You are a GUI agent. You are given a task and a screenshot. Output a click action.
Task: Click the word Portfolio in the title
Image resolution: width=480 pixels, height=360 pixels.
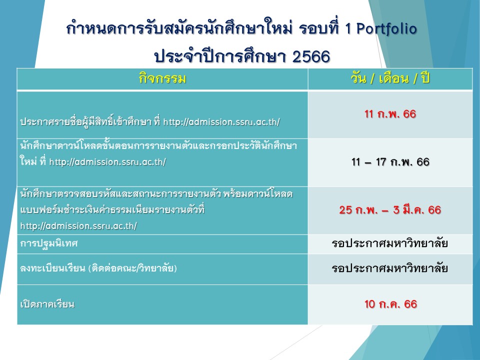coord(386,29)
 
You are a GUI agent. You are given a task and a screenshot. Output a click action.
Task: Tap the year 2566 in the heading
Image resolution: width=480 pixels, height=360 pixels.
coord(311,56)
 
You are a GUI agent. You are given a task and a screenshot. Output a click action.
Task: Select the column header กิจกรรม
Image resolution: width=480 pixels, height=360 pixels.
coord(162,78)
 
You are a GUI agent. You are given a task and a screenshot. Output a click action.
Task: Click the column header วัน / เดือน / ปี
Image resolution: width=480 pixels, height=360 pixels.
coord(390,78)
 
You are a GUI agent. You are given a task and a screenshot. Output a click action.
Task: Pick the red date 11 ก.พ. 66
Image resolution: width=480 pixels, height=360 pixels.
coord(390,114)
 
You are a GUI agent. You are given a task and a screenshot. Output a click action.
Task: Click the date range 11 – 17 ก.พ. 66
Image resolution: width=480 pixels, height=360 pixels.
coord(390,161)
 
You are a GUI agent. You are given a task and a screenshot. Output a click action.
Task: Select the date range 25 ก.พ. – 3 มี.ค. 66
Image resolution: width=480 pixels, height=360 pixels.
coord(390,209)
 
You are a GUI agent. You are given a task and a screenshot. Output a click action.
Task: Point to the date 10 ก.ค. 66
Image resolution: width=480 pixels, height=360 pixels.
coord(390,304)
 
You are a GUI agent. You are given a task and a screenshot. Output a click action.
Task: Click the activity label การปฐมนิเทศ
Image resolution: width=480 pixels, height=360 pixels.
coord(49,243)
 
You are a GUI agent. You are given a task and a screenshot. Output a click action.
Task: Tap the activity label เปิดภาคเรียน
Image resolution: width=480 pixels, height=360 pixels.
coord(47,304)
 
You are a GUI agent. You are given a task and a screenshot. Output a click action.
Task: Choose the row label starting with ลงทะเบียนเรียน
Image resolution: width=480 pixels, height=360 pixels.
coord(98,268)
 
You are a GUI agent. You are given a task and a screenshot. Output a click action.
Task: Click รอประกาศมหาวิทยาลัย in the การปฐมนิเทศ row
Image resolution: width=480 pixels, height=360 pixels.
coord(389,243)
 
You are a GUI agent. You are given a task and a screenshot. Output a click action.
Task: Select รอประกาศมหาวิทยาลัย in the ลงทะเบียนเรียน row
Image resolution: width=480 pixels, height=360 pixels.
coord(389,268)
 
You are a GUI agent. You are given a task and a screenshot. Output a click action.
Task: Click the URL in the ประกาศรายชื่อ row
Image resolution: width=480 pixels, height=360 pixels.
coord(221,122)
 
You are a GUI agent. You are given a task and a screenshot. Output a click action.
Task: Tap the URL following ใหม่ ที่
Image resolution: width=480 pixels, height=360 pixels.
coord(107,161)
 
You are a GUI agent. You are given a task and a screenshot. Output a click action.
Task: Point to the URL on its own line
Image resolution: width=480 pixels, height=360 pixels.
coord(78,226)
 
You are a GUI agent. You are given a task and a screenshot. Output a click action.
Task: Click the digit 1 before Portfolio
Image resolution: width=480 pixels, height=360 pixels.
coord(348,29)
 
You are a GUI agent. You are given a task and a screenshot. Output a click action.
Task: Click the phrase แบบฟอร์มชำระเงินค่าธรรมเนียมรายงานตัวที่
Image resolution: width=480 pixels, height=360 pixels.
coord(112,210)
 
